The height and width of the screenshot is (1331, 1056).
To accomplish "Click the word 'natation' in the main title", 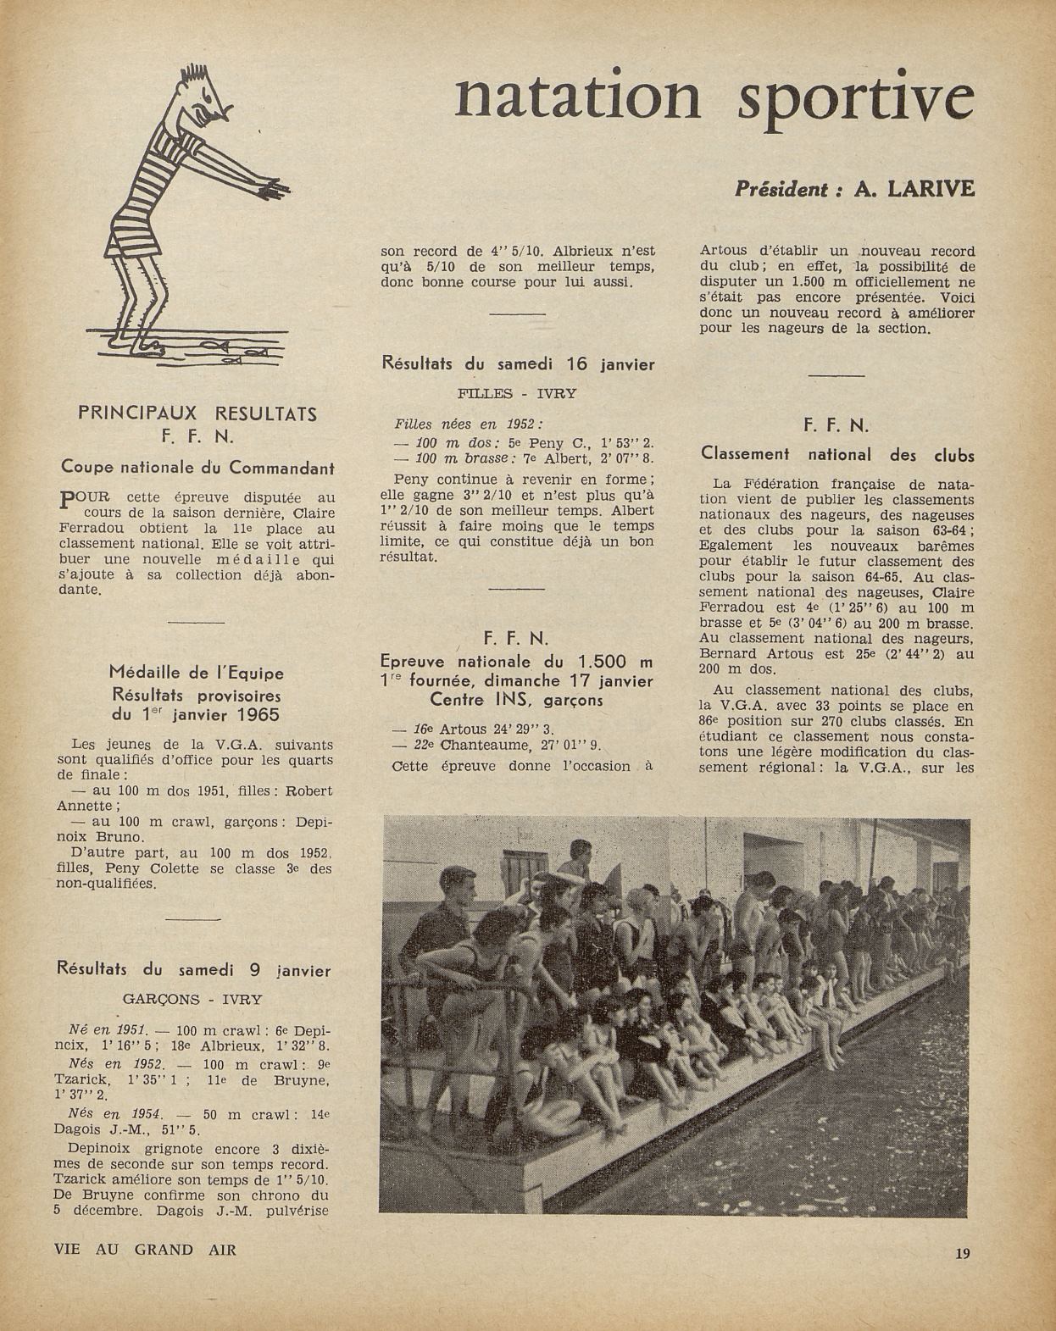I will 578,97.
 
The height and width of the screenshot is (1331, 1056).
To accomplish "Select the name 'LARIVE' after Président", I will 930,189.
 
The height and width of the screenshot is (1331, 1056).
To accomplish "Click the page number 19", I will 962,1253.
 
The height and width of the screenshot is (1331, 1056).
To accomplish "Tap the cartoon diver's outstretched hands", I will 275,186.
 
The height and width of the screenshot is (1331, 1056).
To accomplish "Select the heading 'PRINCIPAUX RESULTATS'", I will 197,414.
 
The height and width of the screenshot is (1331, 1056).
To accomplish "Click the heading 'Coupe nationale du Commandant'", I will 197,467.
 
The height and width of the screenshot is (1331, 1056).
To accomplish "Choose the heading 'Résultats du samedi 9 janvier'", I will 193,970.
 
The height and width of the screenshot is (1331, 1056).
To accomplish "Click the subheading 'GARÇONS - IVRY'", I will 192,999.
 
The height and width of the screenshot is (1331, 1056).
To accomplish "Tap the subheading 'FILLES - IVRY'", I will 517,394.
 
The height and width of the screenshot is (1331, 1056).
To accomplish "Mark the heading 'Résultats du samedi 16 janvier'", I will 519,364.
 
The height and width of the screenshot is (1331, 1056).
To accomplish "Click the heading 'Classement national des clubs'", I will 837,454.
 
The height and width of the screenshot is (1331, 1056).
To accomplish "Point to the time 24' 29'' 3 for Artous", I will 521,729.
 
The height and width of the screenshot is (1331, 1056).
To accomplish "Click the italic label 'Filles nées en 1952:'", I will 469,424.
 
